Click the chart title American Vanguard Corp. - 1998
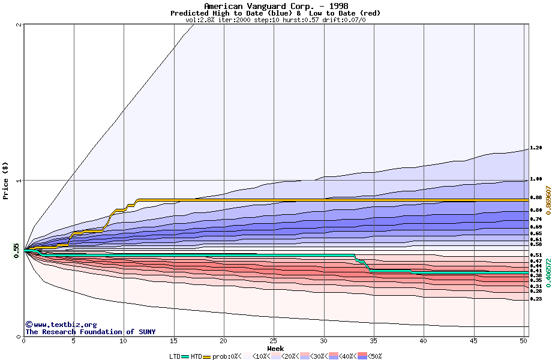pos(275,6)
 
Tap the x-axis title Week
pos(275,348)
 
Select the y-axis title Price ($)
pos(5,181)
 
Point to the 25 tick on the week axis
pos(274,341)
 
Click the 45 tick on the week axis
pos(473,341)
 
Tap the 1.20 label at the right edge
pos(536,148)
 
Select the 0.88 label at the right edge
pos(536,197)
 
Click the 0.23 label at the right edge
pos(536,299)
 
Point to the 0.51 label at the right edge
pos(536,256)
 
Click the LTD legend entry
pos(175,356)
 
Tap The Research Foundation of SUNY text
pos(90,332)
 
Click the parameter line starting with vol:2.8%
pos(275,20)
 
